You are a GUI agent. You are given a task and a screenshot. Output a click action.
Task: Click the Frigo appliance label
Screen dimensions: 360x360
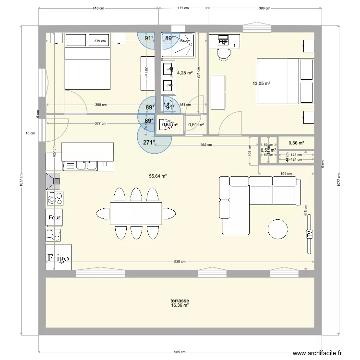[58, 257]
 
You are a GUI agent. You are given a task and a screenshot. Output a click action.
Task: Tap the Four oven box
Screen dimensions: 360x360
[54, 217]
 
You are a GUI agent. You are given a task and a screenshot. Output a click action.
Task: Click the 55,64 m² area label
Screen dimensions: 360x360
[157, 176]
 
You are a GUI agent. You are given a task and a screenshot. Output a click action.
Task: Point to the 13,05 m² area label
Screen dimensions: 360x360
[261, 83]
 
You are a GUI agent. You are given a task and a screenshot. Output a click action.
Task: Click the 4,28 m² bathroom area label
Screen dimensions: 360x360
[185, 73]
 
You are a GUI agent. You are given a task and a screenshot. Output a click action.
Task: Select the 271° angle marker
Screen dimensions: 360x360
[149, 143]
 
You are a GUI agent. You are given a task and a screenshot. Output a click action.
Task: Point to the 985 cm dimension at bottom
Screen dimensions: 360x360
[180, 352]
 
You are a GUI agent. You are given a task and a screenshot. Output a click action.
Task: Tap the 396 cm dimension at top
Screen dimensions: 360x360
[265, 8]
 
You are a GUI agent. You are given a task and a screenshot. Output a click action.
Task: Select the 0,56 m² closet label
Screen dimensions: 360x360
[296, 143]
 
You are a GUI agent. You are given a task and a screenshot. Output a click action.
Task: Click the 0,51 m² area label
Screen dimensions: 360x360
[196, 125]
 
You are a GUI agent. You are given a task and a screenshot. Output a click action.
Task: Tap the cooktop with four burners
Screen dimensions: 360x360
[54, 198]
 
